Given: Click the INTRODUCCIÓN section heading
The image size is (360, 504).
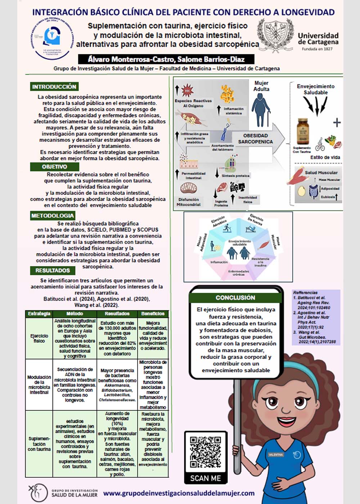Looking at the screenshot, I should (54, 87).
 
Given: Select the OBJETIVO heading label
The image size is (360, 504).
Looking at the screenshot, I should (54, 167).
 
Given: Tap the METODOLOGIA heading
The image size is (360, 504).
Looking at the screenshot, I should (53, 216).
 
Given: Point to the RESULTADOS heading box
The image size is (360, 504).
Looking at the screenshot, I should (53, 270).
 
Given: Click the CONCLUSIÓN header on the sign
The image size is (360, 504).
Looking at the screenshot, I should (235, 298).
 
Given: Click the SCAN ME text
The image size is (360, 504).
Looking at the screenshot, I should (206, 478).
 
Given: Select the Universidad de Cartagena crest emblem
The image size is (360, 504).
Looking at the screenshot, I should (275, 36).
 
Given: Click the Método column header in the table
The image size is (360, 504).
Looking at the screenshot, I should (75, 314).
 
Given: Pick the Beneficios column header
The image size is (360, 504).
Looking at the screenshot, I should (153, 314).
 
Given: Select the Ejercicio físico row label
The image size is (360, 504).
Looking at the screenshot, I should (39, 338).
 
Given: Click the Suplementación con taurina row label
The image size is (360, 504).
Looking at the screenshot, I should (39, 444).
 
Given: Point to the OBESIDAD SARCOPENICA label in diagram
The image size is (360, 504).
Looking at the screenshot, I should (255, 139).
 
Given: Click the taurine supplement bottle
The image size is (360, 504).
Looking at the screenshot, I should (302, 132).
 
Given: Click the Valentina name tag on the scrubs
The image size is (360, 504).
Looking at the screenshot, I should (276, 455).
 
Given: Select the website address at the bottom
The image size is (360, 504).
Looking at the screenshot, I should (179, 493).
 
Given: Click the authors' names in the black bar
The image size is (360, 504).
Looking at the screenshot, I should (166, 59).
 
